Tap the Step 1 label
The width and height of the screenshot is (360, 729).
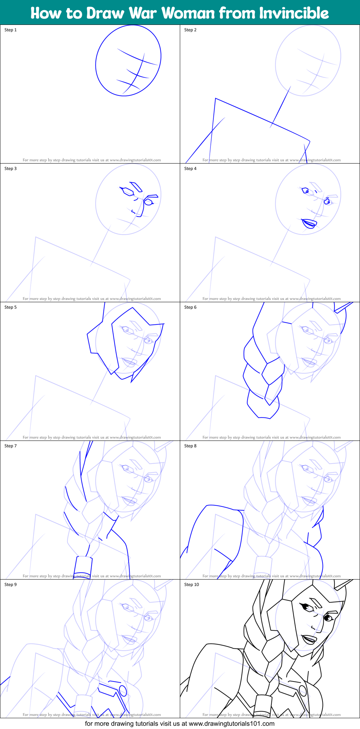click(x=10, y=30)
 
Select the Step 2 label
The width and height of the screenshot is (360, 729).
click(x=190, y=30)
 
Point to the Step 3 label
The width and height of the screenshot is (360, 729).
click(x=10, y=169)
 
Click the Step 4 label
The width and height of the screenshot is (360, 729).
click(x=190, y=169)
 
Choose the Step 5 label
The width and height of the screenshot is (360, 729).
click(x=10, y=307)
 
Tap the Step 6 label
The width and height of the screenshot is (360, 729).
click(x=190, y=307)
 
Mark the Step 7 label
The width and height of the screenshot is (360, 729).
click(x=10, y=446)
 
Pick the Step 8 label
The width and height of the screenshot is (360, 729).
click(x=190, y=446)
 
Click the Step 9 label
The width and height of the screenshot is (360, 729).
click(x=10, y=585)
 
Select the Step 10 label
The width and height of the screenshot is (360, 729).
click(x=191, y=585)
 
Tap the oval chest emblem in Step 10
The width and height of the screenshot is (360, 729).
click(x=302, y=690)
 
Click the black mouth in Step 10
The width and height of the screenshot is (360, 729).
click(x=309, y=640)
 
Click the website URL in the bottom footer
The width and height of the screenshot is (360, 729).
click(x=232, y=723)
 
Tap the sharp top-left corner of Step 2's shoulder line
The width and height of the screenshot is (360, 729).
click(x=215, y=98)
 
